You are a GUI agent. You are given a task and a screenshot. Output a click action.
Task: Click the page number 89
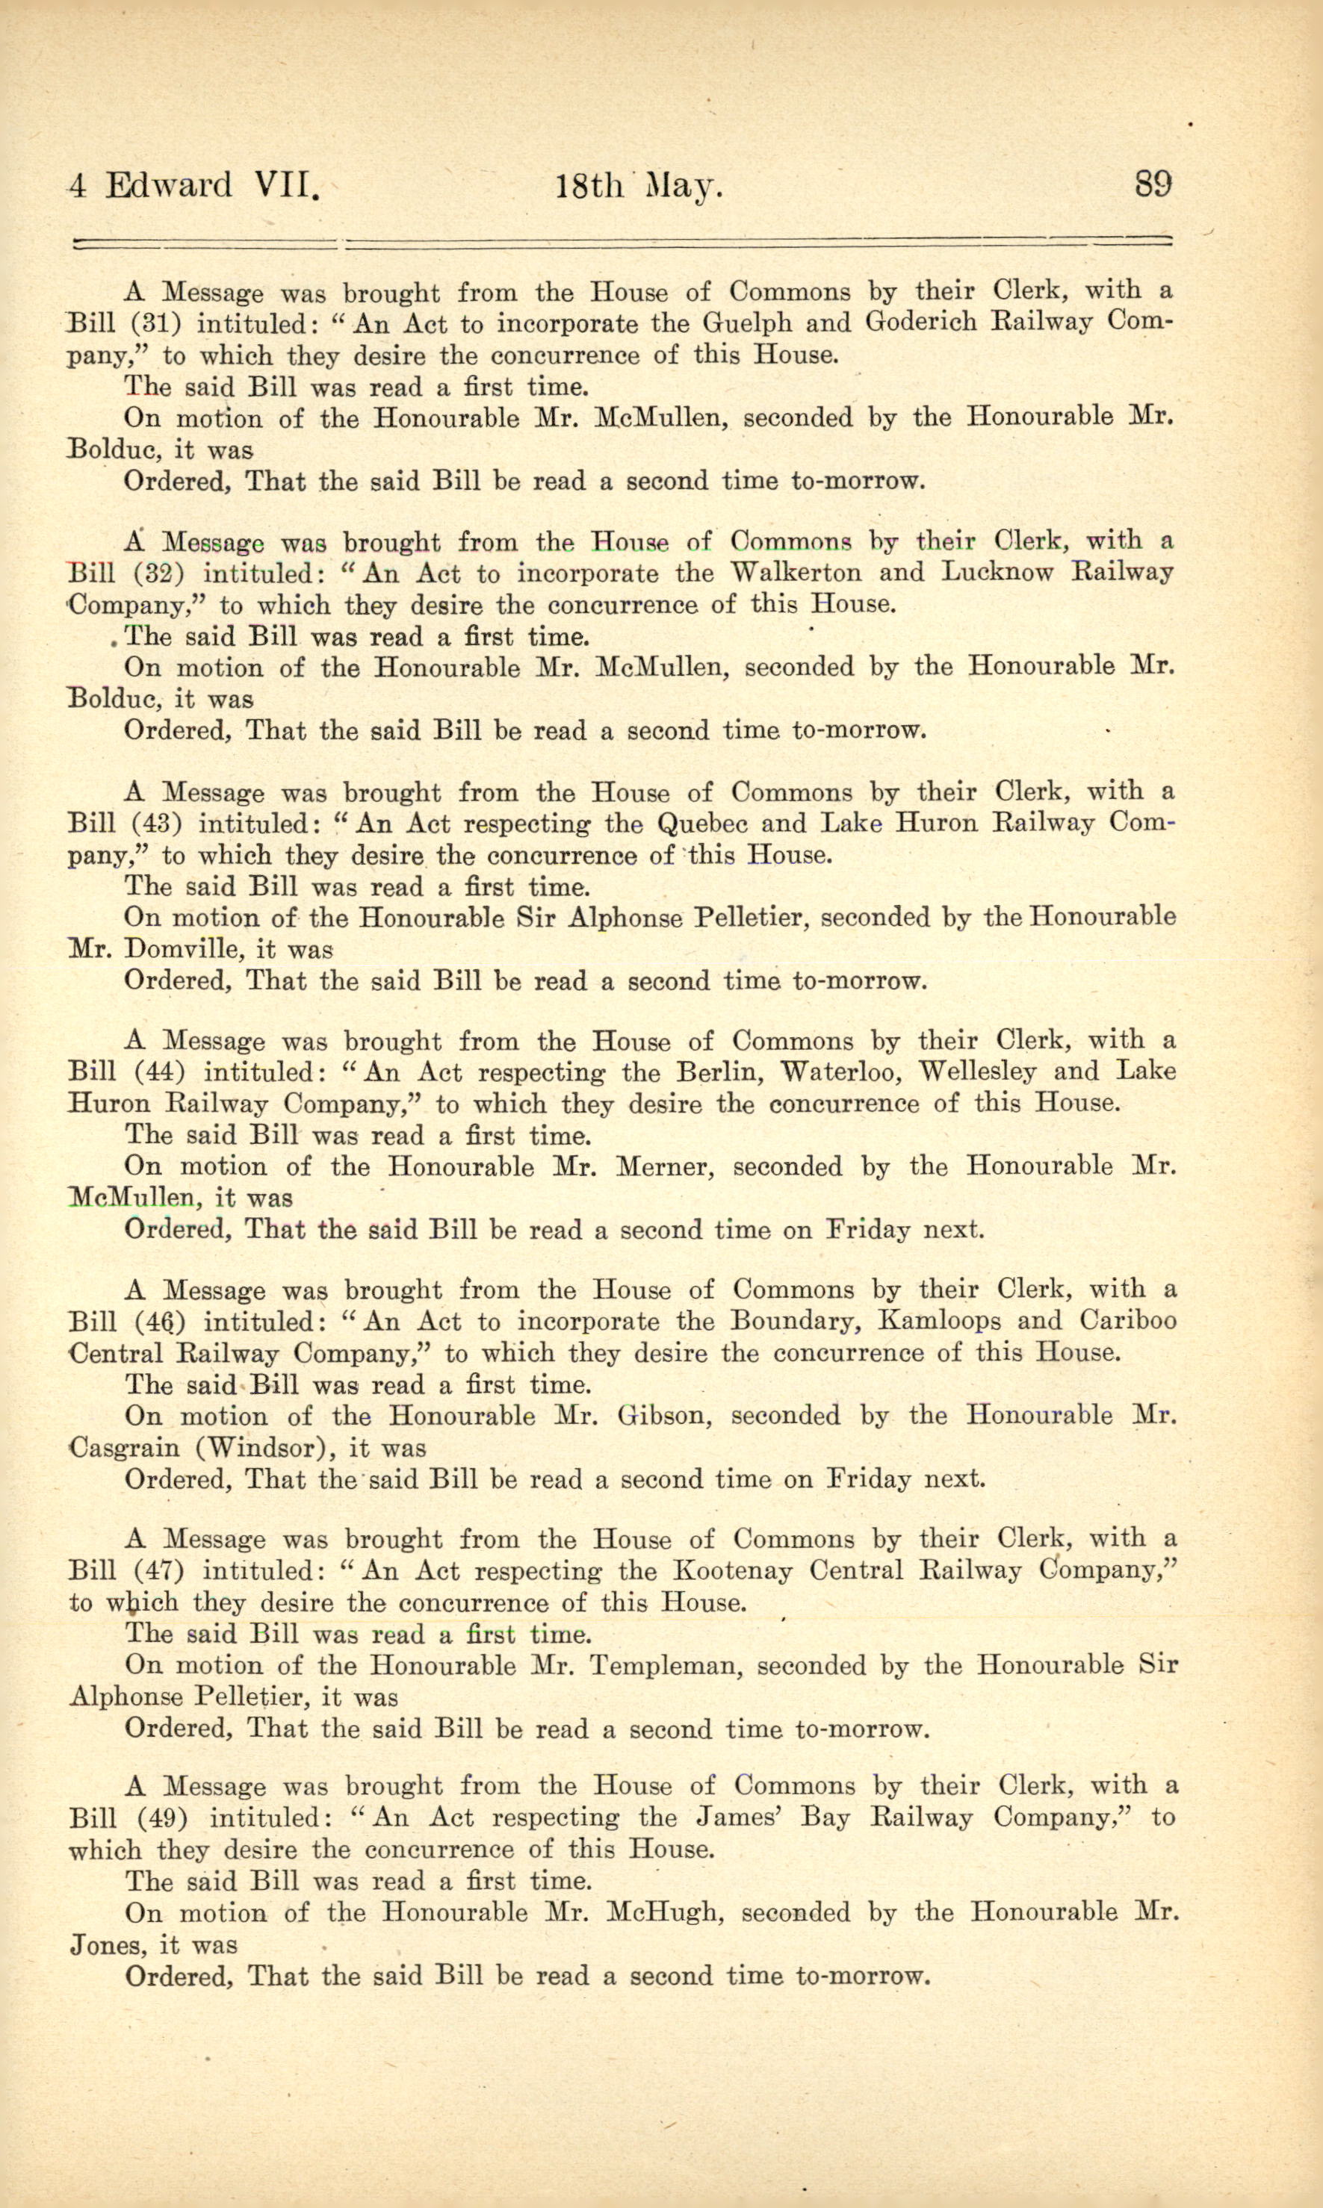pos(1153,184)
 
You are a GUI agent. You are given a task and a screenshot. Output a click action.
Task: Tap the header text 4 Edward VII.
pos(193,185)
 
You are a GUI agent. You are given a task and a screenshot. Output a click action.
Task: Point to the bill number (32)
pos(165,573)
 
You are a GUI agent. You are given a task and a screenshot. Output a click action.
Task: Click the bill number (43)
pos(165,824)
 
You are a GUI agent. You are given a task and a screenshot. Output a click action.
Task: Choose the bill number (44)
pos(165,1072)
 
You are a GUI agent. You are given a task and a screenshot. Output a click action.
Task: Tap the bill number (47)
pos(165,1571)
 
